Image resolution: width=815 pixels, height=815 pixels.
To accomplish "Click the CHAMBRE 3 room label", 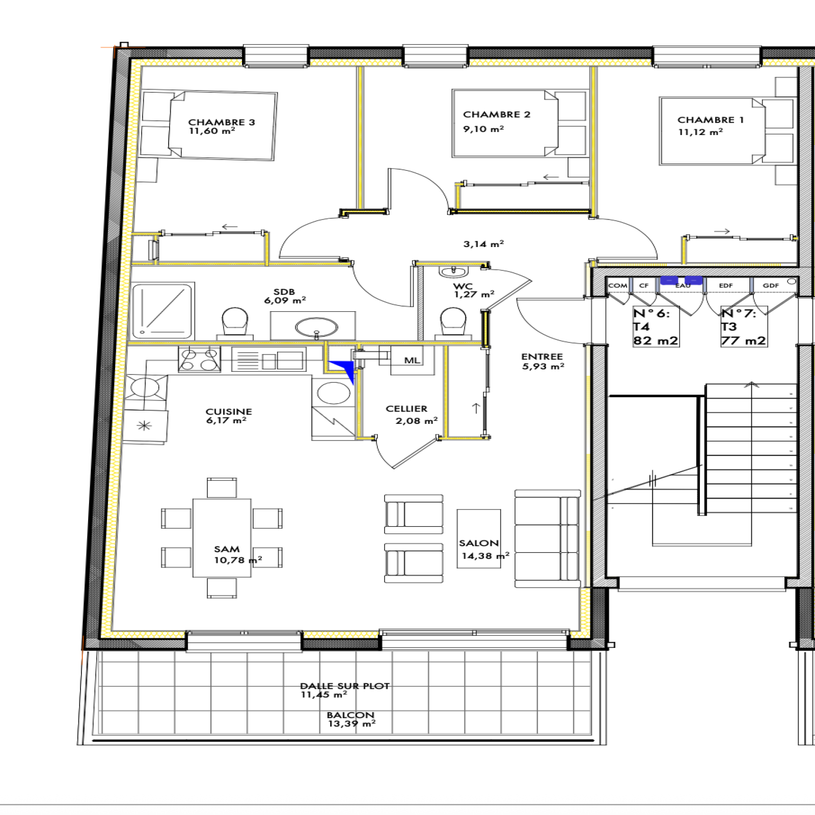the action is [x=222, y=122].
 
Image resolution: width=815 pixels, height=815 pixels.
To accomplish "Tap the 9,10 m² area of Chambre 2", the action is [x=483, y=129].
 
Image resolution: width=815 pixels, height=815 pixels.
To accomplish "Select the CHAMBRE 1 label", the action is [x=711, y=120].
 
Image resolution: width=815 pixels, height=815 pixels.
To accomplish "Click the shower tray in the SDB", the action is [x=162, y=312].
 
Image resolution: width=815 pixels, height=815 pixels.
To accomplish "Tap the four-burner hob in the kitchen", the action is [x=199, y=359].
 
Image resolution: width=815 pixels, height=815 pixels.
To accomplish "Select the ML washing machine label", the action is [x=412, y=360].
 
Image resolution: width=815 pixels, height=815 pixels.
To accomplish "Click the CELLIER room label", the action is [x=406, y=409].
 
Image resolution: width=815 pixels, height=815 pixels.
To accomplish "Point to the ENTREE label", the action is [x=542, y=357].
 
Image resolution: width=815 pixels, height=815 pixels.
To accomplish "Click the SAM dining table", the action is [x=222, y=537].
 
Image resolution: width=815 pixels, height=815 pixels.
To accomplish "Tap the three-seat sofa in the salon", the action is [x=548, y=539].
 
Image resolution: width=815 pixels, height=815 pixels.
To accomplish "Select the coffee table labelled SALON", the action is [x=479, y=538].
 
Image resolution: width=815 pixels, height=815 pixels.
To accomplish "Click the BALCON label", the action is [x=350, y=715].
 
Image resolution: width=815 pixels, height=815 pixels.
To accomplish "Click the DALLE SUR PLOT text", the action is [x=345, y=686].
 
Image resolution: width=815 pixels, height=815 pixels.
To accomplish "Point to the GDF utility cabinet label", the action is [x=771, y=286].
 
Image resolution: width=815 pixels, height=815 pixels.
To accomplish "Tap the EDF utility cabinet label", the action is [x=726, y=286].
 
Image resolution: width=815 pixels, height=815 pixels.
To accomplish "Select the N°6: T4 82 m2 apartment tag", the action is [x=656, y=327].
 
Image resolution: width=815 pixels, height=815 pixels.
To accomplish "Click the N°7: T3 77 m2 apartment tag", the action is [x=744, y=327].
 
